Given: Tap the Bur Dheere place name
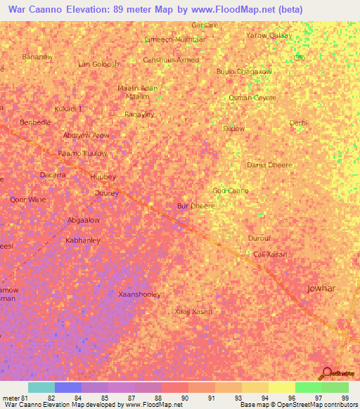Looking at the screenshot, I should (x=195, y=207).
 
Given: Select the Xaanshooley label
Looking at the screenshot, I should (x=140, y=294).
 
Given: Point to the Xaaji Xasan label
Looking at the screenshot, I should (x=193, y=311).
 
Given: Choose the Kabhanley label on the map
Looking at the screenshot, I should (x=83, y=240).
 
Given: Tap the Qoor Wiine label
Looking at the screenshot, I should (x=28, y=200).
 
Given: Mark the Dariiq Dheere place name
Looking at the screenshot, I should (x=269, y=165).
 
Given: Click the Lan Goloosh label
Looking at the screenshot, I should (x=98, y=65).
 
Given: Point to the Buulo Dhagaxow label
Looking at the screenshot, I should (x=244, y=72).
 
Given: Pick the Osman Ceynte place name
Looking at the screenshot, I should (x=252, y=98).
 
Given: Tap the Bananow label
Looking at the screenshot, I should (x=38, y=56).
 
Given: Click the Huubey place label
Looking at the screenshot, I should (x=103, y=177).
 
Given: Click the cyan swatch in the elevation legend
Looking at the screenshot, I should (x=41, y=387).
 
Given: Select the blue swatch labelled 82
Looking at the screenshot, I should (x=67, y=387).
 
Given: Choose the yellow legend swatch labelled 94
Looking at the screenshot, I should (x=254, y=387).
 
